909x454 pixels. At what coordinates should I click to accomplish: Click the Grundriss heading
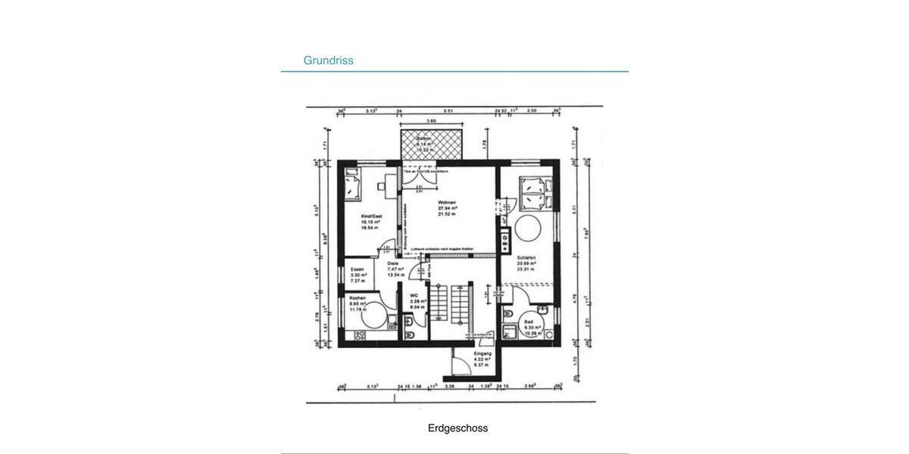coord(328,61)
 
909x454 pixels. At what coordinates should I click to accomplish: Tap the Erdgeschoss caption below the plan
coord(458,428)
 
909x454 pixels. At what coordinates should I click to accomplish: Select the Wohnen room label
coord(447,203)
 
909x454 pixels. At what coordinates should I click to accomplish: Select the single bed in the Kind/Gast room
coord(353,185)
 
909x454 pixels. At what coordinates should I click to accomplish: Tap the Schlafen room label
coord(526,258)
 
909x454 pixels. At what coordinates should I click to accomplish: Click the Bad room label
coord(529,322)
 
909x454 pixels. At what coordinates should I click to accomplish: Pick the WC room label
coord(414,296)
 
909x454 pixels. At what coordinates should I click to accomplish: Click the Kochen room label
coord(358,298)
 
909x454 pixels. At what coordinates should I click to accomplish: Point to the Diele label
coord(392,263)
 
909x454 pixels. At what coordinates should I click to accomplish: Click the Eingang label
coord(483,354)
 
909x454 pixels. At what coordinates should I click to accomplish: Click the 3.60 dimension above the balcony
coord(431,121)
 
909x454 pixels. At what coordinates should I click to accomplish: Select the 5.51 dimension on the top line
coord(448,111)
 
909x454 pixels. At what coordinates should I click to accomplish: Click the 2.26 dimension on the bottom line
coord(449,386)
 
